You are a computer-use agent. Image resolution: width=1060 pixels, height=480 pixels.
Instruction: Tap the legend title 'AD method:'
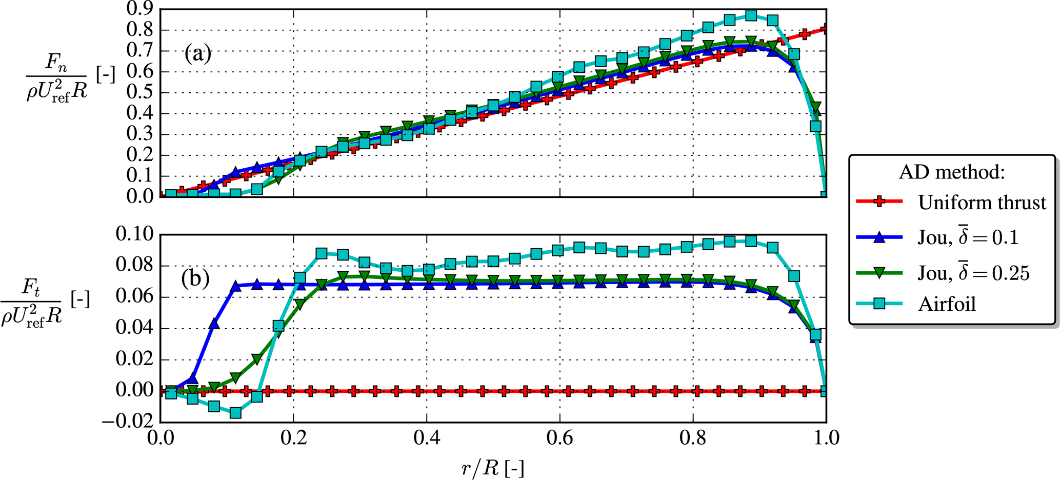click(951, 172)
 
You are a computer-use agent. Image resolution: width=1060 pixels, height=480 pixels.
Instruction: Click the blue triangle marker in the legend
click(879, 237)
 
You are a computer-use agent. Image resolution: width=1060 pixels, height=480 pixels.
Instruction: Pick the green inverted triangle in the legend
click(879, 272)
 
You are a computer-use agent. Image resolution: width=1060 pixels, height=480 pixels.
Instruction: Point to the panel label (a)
click(198, 53)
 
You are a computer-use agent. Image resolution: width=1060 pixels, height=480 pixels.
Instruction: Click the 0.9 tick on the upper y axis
click(140, 9)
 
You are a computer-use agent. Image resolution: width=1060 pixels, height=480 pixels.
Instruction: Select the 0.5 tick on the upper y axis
click(140, 93)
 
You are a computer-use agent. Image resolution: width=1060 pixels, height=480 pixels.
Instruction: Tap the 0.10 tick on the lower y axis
click(134, 235)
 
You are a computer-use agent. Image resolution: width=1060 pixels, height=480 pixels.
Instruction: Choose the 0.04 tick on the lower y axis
click(134, 328)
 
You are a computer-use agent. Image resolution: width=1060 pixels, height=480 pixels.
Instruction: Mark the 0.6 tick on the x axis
click(560, 438)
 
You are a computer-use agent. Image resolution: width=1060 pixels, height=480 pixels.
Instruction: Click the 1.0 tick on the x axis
click(826, 438)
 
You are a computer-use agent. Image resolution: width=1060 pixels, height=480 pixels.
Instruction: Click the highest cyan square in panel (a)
click(751, 15)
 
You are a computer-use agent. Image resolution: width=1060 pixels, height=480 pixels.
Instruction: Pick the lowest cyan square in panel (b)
click(235, 412)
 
